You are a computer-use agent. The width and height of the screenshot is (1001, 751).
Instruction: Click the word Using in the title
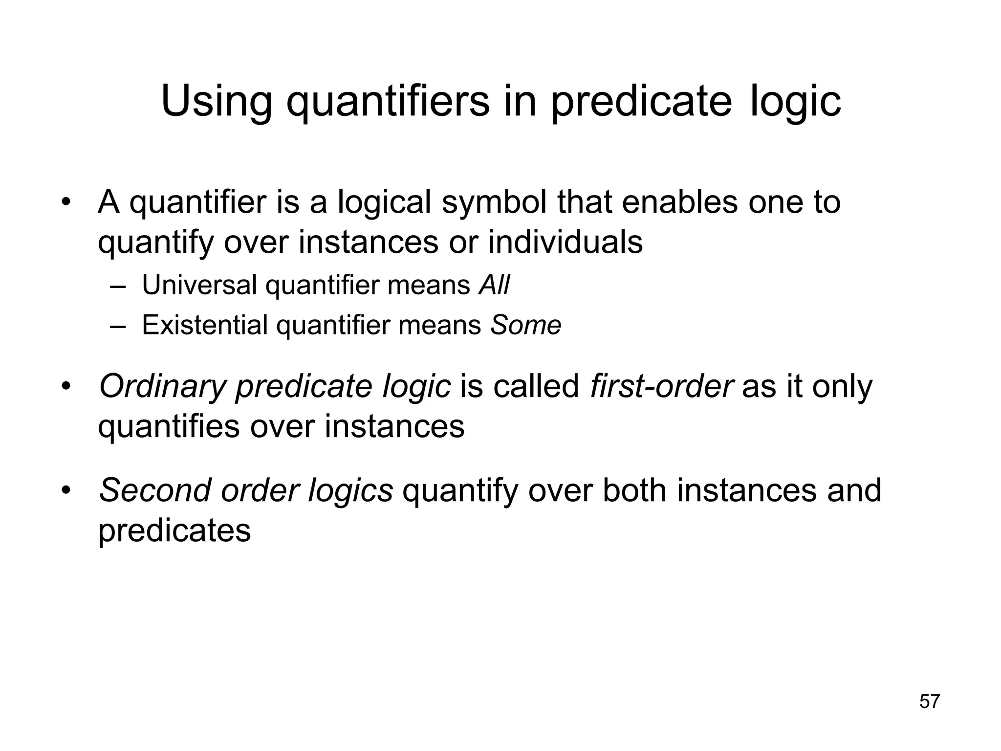pyautogui.click(x=216, y=101)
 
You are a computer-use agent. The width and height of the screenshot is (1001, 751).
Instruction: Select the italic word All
pyautogui.click(x=494, y=285)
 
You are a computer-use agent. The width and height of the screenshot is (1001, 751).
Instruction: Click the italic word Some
pyautogui.click(x=525, y=325)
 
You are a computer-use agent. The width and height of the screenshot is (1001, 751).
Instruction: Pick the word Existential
pyautogui.click(x=204, y=325)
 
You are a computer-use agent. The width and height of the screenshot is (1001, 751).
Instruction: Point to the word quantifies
pyautogui.click(x=169, y=426)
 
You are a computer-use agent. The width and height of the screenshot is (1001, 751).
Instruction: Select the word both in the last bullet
pyautogui.click(x=634, y=490)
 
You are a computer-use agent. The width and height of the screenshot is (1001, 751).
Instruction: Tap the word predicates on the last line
pyautogui.click(x=174, y=530)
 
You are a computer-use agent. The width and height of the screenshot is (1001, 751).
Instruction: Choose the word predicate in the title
pyautogui.click(x=641, y=101)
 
